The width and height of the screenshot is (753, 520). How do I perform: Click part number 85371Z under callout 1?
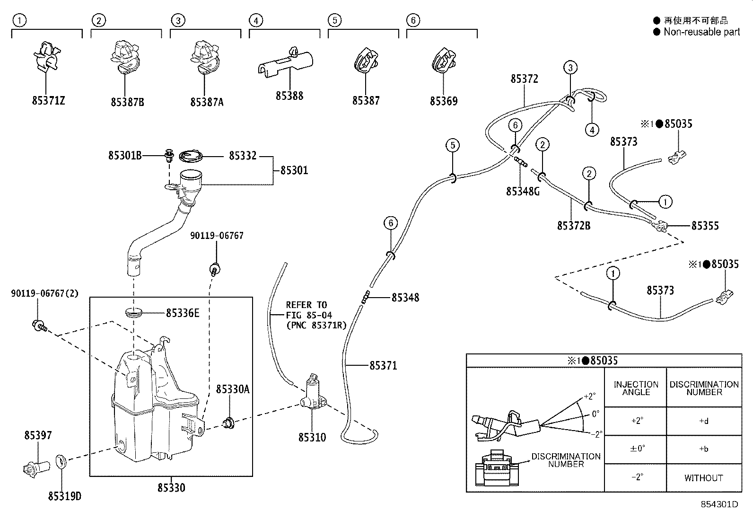[48, 101]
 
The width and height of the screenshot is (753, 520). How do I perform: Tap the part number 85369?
[443, 101]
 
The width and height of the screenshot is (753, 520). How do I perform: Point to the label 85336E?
[183, 313]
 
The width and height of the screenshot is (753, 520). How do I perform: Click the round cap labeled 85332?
[192, 156]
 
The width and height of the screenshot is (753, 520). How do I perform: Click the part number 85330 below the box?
[171, 487]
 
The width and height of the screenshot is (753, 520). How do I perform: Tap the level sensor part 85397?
[35, 467]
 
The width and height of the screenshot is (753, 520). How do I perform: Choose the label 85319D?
[64, 496]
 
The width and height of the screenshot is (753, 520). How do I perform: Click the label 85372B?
[573, 226]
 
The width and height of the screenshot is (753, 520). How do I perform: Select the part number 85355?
[705, 226]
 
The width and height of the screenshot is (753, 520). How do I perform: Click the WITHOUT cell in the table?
[703, 478]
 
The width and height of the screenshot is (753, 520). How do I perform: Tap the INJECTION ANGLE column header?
[636, 388]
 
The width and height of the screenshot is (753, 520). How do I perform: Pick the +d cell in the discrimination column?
[703, 421]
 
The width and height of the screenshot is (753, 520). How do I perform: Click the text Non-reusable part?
[701, 32]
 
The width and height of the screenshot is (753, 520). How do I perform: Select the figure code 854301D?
[719, 504]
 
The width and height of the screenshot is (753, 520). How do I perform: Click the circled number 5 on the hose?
[452, 145]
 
